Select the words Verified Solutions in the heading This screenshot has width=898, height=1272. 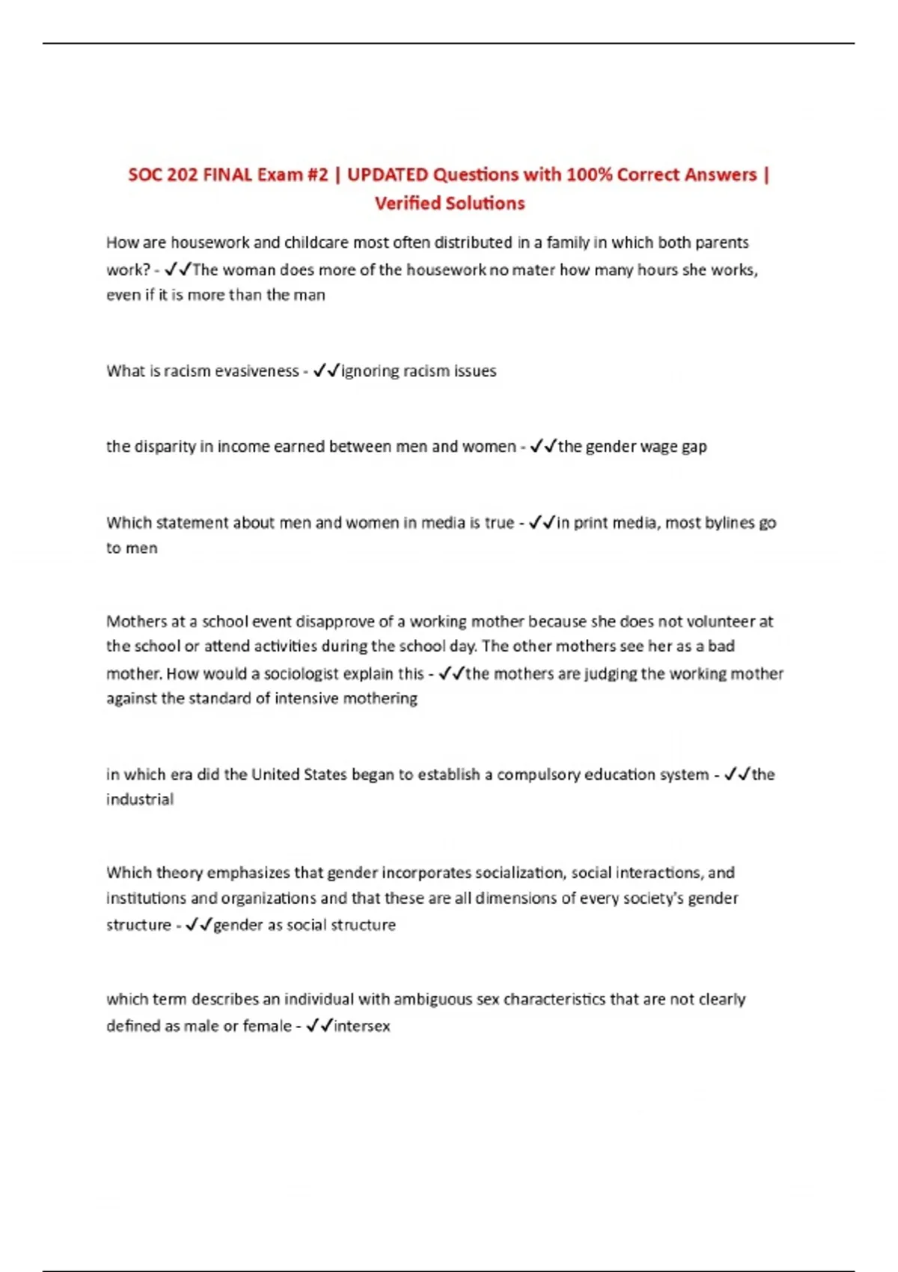(450, 204)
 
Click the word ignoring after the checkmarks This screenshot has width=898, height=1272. (370, 371)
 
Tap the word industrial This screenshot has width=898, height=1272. (140, 800)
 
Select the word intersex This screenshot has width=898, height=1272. (362, 1026)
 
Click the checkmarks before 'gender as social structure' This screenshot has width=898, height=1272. (198, 925)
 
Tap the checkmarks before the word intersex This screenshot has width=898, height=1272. (320, 1026)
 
